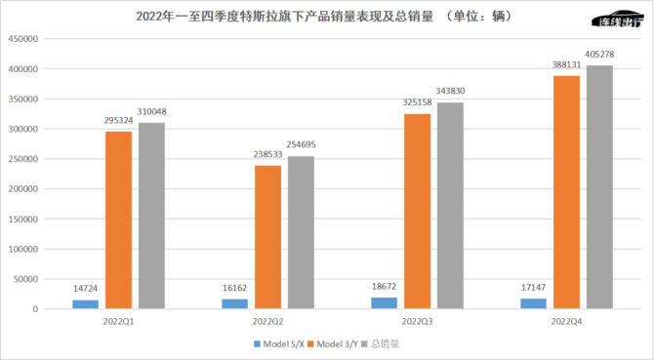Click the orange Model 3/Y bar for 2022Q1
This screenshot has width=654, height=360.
118,220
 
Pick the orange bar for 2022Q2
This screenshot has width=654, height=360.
267,237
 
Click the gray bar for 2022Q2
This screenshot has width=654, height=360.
301,232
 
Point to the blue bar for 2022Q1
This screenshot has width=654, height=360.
85,303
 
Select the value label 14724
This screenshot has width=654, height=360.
86,288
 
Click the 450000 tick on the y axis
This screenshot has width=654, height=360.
22,39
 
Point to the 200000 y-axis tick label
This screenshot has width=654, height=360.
22,189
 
